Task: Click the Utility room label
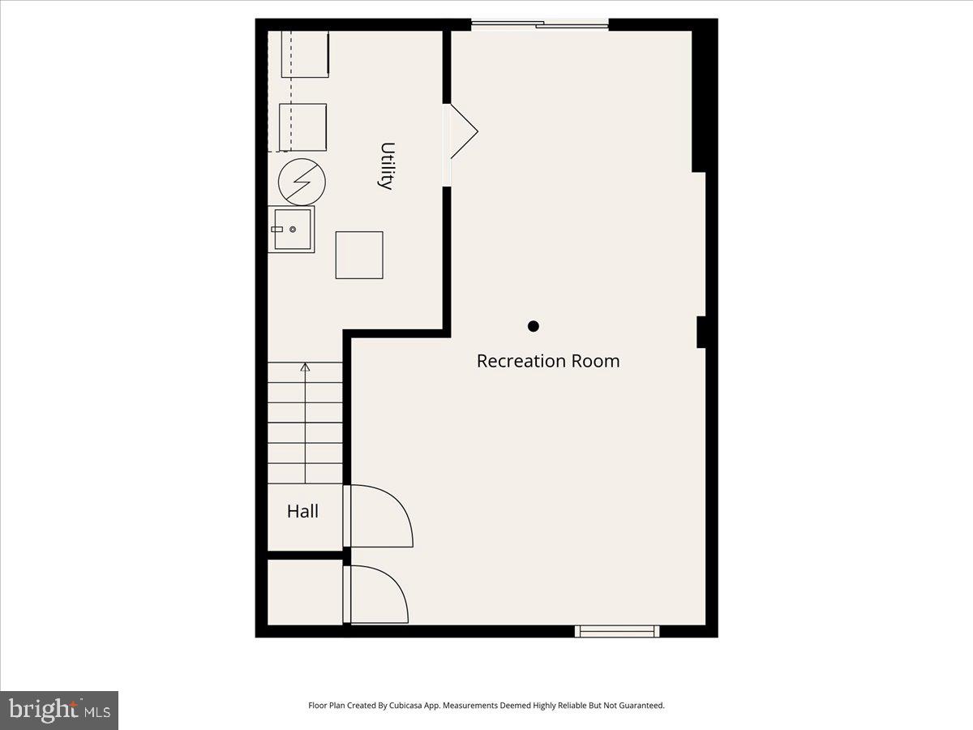click(387, 165)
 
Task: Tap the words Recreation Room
click(548, 361)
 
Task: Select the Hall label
click(302, 512)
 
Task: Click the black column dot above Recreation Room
click(534, 326)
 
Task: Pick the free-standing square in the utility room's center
click(359, 255)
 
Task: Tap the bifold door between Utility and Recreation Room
click(462, 131)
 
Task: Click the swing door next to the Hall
click(379, 517)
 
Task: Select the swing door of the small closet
click(377, 595)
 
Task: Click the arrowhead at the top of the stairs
click(306, 367)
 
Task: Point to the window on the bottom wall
click(617, 631)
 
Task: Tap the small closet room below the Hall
click(305, 592)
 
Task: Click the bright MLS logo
click(59, 711)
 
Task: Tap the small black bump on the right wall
click(701, 332)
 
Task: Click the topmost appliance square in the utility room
click(305, 54)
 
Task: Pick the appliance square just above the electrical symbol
click(302, 127)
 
